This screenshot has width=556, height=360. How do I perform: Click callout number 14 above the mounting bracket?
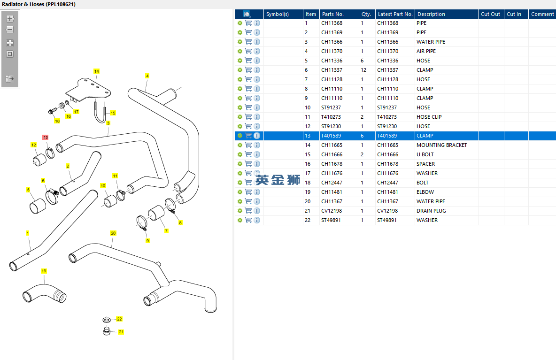click(x=96, y=71)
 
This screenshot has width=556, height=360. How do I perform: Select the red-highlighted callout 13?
click(x=46, y=137)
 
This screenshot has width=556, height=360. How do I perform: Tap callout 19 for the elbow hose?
click(x=44, y=271)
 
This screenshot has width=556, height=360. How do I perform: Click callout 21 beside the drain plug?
click(x=121, y=332)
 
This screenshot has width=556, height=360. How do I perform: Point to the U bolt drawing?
click(x=100, y=113)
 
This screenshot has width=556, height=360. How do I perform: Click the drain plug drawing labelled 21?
click(x=107, y=331)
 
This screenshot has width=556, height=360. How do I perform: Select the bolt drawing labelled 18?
click(x=51, y=111)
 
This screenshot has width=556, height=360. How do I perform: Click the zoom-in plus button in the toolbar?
click(x=10, y=19)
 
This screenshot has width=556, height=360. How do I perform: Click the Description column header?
click(x=431, y=14)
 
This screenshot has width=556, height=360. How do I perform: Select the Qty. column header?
click(x=366, y=14)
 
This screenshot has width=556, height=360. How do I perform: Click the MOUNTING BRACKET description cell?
click(x=442, y=145)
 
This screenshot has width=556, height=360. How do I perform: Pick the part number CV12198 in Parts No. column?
click(x=332, y=211)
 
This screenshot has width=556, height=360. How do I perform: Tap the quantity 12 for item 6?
click(x=363, y=70)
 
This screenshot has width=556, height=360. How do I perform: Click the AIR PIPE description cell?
click(x=426, y=51)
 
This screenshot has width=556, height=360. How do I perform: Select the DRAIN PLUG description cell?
click(x=431, y=211)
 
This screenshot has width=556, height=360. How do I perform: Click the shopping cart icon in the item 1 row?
click(x=248, y=23)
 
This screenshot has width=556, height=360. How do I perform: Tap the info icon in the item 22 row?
click(x=257, y=220)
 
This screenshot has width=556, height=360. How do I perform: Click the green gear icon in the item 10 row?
click(x=240, y=107)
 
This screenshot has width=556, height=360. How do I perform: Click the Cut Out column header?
click(x=490, y=14)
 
